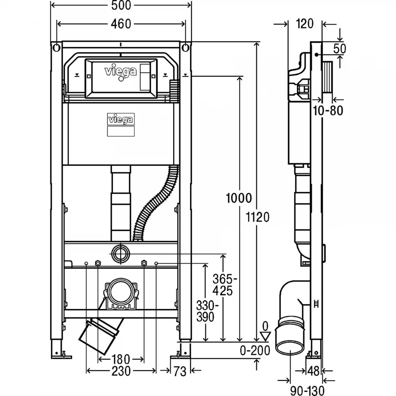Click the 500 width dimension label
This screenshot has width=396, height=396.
(121, 5)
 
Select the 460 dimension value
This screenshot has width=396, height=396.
(121, 24)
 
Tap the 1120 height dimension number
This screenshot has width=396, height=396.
(258, 217)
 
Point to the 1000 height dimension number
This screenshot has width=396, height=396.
(239, 198)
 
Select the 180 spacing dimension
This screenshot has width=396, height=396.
(121, 359)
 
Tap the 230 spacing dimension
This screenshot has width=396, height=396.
(121, 371)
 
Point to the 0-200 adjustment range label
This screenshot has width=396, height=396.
(255, 350)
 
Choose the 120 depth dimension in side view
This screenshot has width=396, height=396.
(305, 24)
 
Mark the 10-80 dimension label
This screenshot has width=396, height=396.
(328, 110)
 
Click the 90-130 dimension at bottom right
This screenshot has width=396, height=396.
(307, 391)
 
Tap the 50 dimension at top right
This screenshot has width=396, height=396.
(340, 48)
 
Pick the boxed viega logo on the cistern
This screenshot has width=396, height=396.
(121, 119)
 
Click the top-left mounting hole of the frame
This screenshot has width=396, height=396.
(56, 48)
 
